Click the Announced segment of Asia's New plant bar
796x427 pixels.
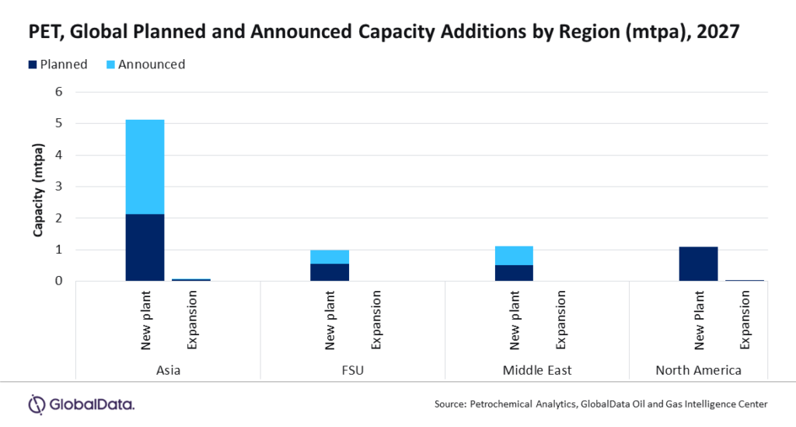145,166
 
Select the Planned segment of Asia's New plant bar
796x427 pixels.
145,247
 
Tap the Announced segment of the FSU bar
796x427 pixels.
329,257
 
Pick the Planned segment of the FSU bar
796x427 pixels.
329,272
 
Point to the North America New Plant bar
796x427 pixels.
698,264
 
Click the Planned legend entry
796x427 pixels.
59,65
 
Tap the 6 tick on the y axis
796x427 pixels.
58,92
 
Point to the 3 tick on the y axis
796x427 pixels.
58,187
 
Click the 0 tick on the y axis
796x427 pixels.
58,281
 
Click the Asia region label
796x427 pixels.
168,370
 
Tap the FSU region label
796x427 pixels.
352,370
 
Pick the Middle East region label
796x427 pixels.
537,370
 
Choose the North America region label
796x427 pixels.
698,370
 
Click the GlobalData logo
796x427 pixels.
81,404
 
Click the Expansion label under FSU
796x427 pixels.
375,320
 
